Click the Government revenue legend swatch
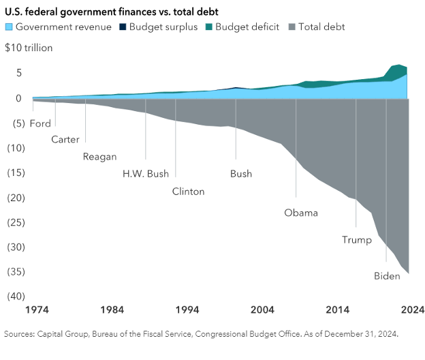click(9, 27)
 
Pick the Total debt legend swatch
click(294, 27)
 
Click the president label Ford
click(40, 123)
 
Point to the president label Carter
click(65, 139)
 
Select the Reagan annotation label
click(99, 156)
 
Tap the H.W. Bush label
click(145, 173)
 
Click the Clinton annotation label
click(188, 191)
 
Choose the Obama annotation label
click(301, 213)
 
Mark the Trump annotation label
click(356, 239)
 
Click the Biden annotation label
click(387, 275)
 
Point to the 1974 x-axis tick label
click(37, 310)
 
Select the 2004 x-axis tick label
click(262, 310)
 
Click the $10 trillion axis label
click(28, 48)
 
